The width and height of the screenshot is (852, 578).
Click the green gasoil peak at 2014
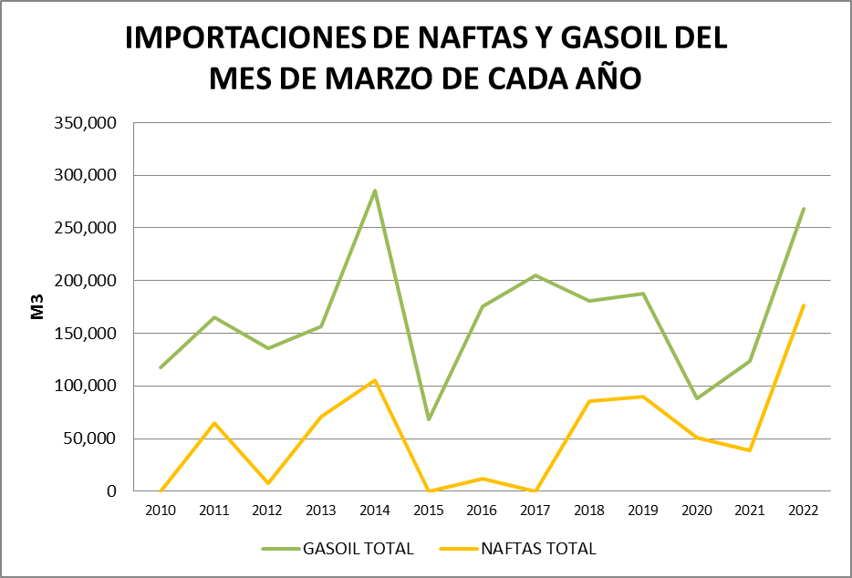(x=375, y=191)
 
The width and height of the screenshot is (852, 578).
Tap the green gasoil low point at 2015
(x=429, y=419)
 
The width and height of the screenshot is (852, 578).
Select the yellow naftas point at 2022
(x=803, y=305)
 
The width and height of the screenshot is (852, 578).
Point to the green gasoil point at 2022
(x=803, y=209)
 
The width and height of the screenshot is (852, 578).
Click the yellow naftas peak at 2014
(x=375, y=380)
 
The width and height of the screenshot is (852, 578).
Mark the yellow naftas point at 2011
(x=214, y=423)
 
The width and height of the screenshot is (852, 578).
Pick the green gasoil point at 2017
(x=535, y=275)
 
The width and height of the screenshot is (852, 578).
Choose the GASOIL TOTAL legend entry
(x=338, y=548)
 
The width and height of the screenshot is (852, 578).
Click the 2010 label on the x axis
(x=161, y=511)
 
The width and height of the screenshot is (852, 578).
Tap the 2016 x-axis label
(x=482, y=511)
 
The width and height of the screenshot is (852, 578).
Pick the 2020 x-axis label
(x=696, y=511)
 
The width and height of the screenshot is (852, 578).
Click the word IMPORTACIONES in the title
(x=233, y=38)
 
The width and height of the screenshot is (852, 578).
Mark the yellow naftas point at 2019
(x=642, y=397)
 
